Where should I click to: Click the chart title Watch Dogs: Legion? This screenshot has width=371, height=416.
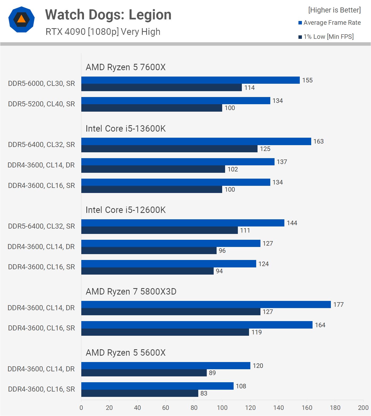pyautogui.click(x=108, y=15)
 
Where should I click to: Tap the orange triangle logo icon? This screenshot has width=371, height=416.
pyautogui.click(x=22, y=19)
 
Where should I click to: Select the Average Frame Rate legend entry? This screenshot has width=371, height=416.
pyautogui.click(x=330, y=23)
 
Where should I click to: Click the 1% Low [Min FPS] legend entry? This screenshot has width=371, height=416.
pyautogui.click(x=326, y=37)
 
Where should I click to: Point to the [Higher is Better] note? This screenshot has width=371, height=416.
pyautogui.click(x=334, y=10)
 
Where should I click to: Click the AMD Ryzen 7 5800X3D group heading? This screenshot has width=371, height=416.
pyautogui.click(x=131, y=292)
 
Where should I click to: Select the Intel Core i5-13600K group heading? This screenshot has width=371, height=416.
pyautogui.click(x=125, y=129)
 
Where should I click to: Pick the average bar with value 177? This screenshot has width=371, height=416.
pyautogui.click(x=206, y=305)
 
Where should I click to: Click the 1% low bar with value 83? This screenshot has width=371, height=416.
pyautogui.click(x=140, y=393)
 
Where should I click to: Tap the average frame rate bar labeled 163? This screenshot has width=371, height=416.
pyautogui.click(x=196, y=141)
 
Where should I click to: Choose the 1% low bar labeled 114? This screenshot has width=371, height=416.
pyautogui.click(x=161, y=88)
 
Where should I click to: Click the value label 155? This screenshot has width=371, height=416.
pyautogui.click(x=307, y=80)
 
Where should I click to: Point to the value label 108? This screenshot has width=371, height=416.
pyautogui.click(x=241, y=386)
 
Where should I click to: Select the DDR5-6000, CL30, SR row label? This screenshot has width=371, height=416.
pyautogui.click(x=41, y=83)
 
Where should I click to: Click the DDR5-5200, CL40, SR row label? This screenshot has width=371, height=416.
pyautogui.click(x=41, y=104)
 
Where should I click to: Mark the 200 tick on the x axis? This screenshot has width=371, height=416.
pyautogui.click(x=363, y=408)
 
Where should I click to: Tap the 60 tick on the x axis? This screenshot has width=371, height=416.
pyautogui.click(x=166, y=408)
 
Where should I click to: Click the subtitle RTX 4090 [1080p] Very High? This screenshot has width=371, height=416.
pyautogui.click(x=103, y=32)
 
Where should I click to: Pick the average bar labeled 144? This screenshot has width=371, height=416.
pyautogui.click(x=183, y=223)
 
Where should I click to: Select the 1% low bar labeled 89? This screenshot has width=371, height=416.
pyautogui.click(x=144, y=373)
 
